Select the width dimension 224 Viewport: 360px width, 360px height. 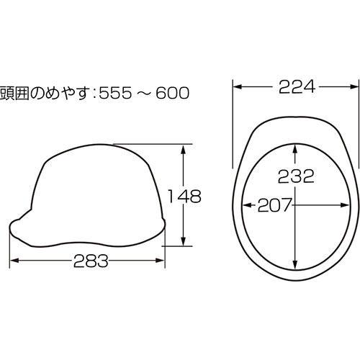(x=296, y=86)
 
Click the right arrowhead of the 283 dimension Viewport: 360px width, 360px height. (x=163, y=261)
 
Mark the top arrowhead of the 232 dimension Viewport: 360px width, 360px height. (x=296, y=147)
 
